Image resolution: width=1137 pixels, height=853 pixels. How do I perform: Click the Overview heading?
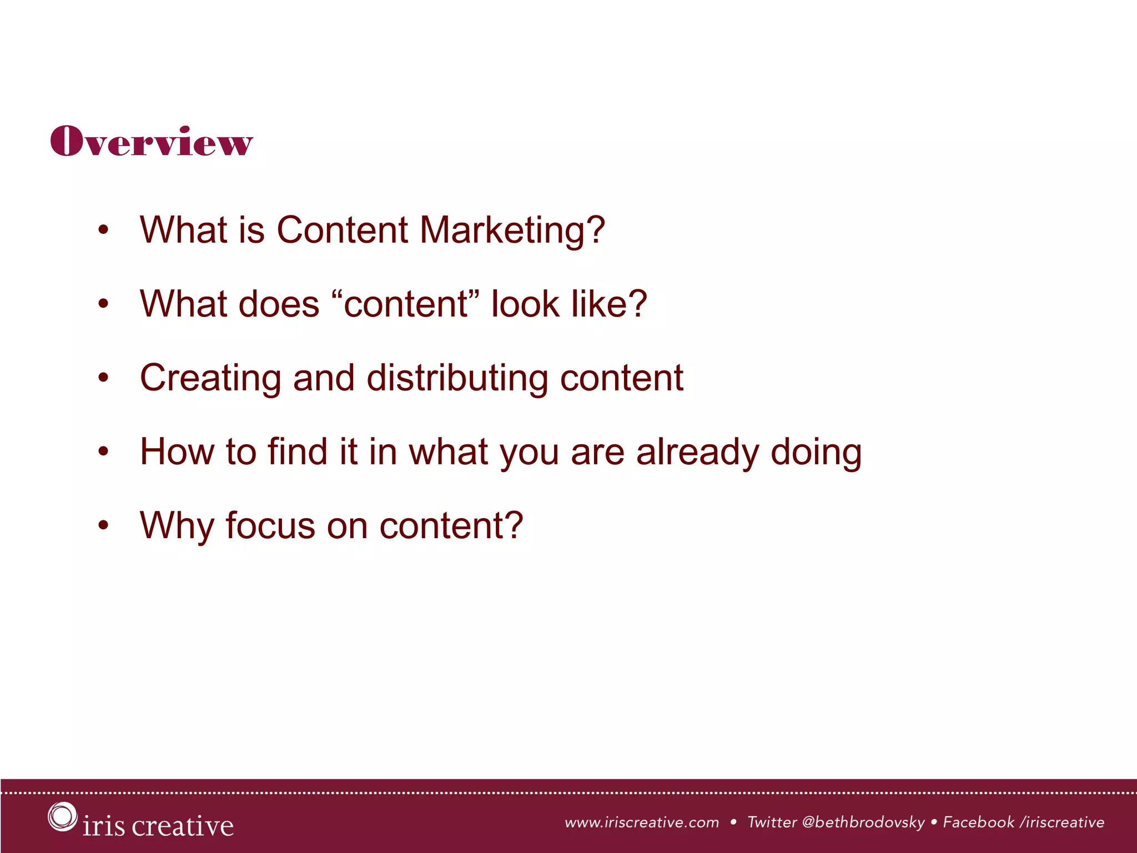pyautogui.click(x=152, y=142)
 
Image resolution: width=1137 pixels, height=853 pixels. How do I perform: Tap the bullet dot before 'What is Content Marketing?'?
pyautogui.click(x=103, y=230)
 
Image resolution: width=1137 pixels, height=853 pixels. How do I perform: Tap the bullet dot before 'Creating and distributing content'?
pyautogui.click(x=103, y=378)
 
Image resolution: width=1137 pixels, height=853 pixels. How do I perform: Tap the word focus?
pyautogui.click(x=270, y=526)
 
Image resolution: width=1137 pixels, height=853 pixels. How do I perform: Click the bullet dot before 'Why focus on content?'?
pyautogui.click(x=103, y=525)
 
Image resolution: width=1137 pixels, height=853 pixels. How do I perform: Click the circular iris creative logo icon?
pyautogui.click(x=62, y=816)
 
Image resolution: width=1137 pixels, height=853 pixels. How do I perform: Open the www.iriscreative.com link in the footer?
pyautogui.click(x=642, y=822)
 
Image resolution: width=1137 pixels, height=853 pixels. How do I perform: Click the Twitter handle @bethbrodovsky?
pyautogui.click(x=863, y=822)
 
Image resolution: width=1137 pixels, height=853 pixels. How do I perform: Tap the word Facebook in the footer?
pyautogui.click(x=978, y=822)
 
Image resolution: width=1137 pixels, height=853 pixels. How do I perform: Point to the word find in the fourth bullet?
pyautogui.click(x=297, y=451)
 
